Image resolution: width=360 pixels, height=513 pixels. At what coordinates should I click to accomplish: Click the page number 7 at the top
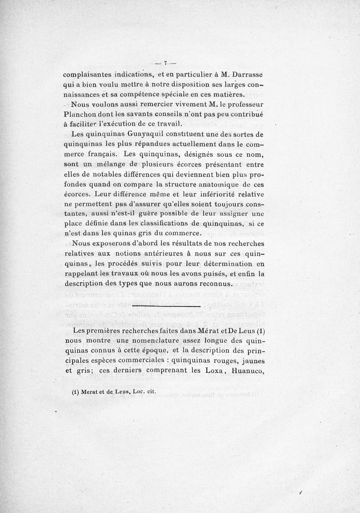(165, 63)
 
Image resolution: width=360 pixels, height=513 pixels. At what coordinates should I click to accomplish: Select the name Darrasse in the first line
(244, 75)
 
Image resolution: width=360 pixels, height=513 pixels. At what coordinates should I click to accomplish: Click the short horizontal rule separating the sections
(167, 306)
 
